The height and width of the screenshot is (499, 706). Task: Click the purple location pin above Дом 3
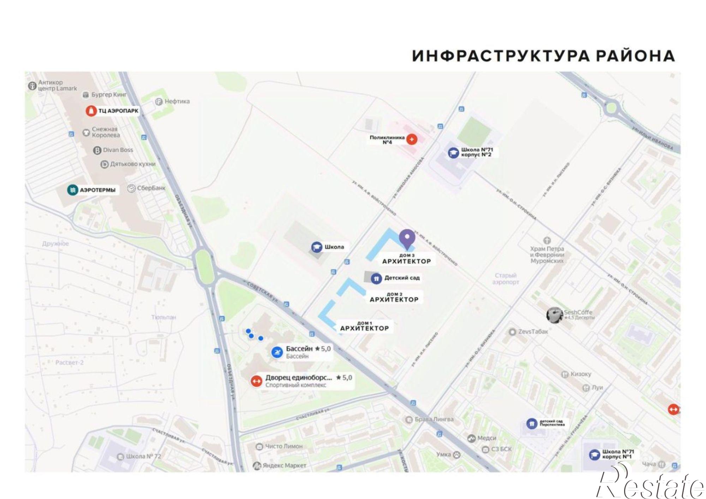(x=407, y=238)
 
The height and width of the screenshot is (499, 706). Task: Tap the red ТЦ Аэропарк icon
(x=91, y=111)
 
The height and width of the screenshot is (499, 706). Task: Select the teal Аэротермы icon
(x=72, y=190)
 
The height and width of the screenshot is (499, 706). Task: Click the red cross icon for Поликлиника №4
(x=411, y=139)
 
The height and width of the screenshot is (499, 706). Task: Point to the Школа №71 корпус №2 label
(x=477, y=152)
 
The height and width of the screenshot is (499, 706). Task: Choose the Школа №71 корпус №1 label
(x=618, y=454)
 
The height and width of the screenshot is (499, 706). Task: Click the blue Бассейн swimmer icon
(x=277, y=352)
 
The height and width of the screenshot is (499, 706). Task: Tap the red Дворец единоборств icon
(x=256, y=381)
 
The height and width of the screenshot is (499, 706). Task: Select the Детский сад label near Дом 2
(x=402, y=278)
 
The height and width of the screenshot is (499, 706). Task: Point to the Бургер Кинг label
(x=109, y=95)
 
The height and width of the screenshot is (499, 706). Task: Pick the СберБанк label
(x=151, y=188)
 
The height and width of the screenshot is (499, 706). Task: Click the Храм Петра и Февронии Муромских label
(x=547, y=254)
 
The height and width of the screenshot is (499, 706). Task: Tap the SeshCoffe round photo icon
(x=555, y=315)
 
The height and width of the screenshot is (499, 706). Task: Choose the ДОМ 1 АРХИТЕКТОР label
(x=364, y=326)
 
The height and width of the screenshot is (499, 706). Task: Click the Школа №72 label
(x=143, y=456)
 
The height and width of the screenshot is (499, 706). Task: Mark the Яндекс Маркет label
(x=284, y=466)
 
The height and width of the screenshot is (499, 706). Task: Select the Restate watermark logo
(x=650, y=483)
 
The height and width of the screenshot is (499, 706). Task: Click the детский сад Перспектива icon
(x=532, y=423)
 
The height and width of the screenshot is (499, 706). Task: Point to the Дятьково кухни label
(x=133, y=164)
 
